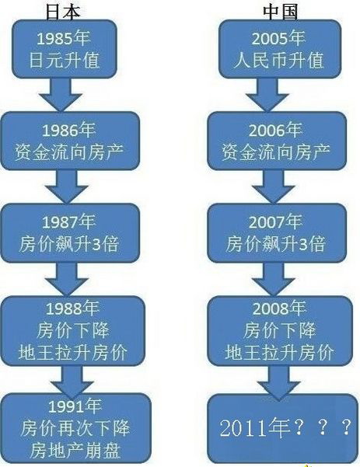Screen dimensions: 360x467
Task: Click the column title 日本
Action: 63,12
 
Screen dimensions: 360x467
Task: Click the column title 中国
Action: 281,12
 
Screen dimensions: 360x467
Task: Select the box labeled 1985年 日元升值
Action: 64,49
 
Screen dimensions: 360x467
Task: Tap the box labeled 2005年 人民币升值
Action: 280,49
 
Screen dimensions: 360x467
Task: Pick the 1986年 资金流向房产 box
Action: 70,141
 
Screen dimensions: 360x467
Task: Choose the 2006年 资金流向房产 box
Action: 277,141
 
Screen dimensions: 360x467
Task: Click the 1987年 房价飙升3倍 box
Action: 70,233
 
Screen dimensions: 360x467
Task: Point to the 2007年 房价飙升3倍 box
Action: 277,233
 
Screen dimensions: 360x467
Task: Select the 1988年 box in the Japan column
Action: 73,331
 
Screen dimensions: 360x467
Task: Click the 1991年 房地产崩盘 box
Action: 76,428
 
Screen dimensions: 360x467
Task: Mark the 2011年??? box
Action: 282,428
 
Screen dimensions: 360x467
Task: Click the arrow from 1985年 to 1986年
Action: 61,95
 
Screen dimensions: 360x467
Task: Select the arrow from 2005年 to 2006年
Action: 267,95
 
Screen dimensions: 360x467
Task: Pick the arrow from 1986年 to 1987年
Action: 66,187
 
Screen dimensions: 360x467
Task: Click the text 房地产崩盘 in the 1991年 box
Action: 75,451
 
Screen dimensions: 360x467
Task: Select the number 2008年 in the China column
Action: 279,308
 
